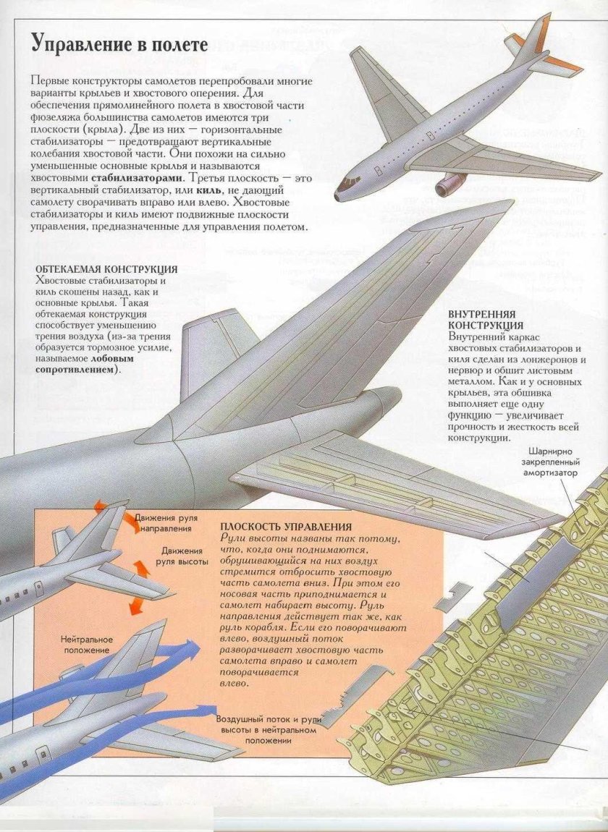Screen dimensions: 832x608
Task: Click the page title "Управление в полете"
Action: pos(119,43)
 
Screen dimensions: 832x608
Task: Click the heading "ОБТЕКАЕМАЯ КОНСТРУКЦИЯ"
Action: pos(106,269)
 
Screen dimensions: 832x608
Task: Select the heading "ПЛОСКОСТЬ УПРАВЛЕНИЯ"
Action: pos(286,527)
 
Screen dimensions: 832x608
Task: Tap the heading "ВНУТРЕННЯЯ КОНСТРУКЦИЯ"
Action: pos(482,320)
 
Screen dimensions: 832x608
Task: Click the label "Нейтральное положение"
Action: pos(85,645)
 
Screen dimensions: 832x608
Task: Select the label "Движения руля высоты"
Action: pos(185,556)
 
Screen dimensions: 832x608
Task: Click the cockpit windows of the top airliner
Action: pos(351,179)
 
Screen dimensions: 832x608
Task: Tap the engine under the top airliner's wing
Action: pos(450,182)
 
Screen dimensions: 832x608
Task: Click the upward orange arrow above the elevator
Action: pos(141,569)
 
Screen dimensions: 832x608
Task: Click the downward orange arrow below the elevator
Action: pos(134,605)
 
